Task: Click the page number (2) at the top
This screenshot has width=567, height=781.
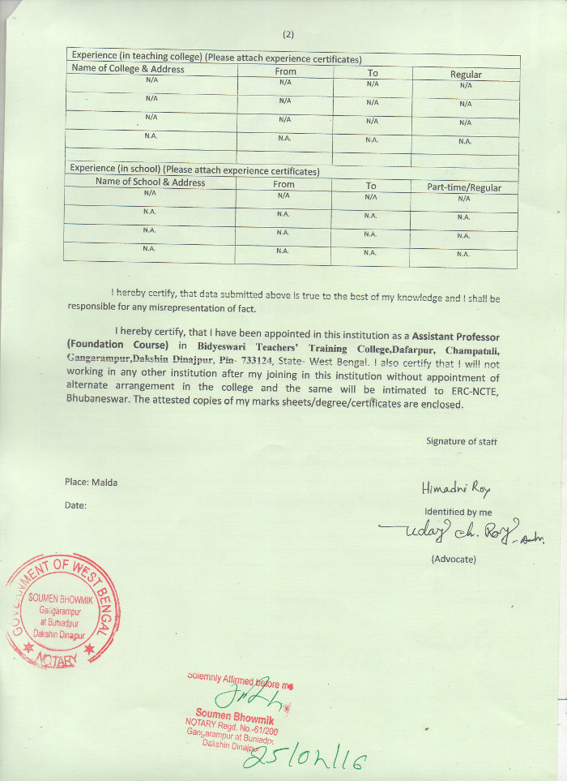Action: click(x=288, y=34)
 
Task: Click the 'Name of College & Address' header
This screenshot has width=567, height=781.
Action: click(x=128, y=69)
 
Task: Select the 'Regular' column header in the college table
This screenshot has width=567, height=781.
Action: click(x=466, y=75)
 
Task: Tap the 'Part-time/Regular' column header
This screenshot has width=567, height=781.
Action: click(x=464, y=187)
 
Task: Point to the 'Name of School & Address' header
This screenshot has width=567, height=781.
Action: click(x=150, y=182)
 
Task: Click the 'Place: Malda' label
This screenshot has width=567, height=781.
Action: click(x=91, y=482)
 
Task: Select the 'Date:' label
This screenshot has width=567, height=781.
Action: click(x=75, y=505)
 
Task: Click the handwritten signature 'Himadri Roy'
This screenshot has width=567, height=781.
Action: click(x=456, y=488)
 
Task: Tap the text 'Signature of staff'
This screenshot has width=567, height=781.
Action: click(x=461, y=441)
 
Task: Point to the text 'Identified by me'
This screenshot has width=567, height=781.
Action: click(x=458, y=512)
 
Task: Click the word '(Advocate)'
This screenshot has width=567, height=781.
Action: click(x=454, y=559)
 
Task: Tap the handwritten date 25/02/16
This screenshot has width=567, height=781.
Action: click(x=303, y=760)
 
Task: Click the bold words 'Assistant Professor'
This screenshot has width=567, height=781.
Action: click(x=456, y=336)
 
